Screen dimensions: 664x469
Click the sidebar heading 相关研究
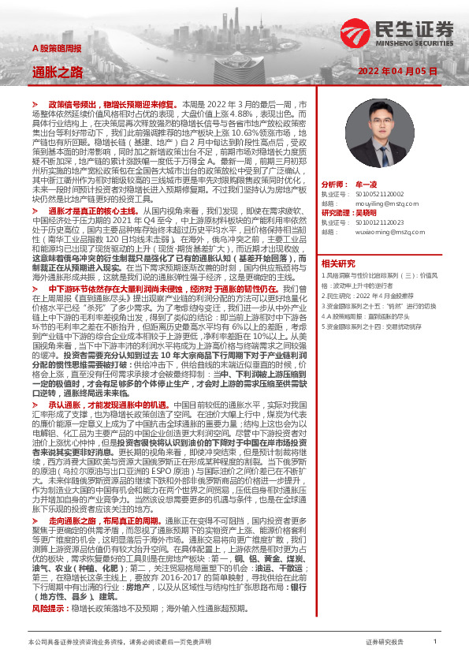point(339,263)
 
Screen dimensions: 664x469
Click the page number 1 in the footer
point(435,643)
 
